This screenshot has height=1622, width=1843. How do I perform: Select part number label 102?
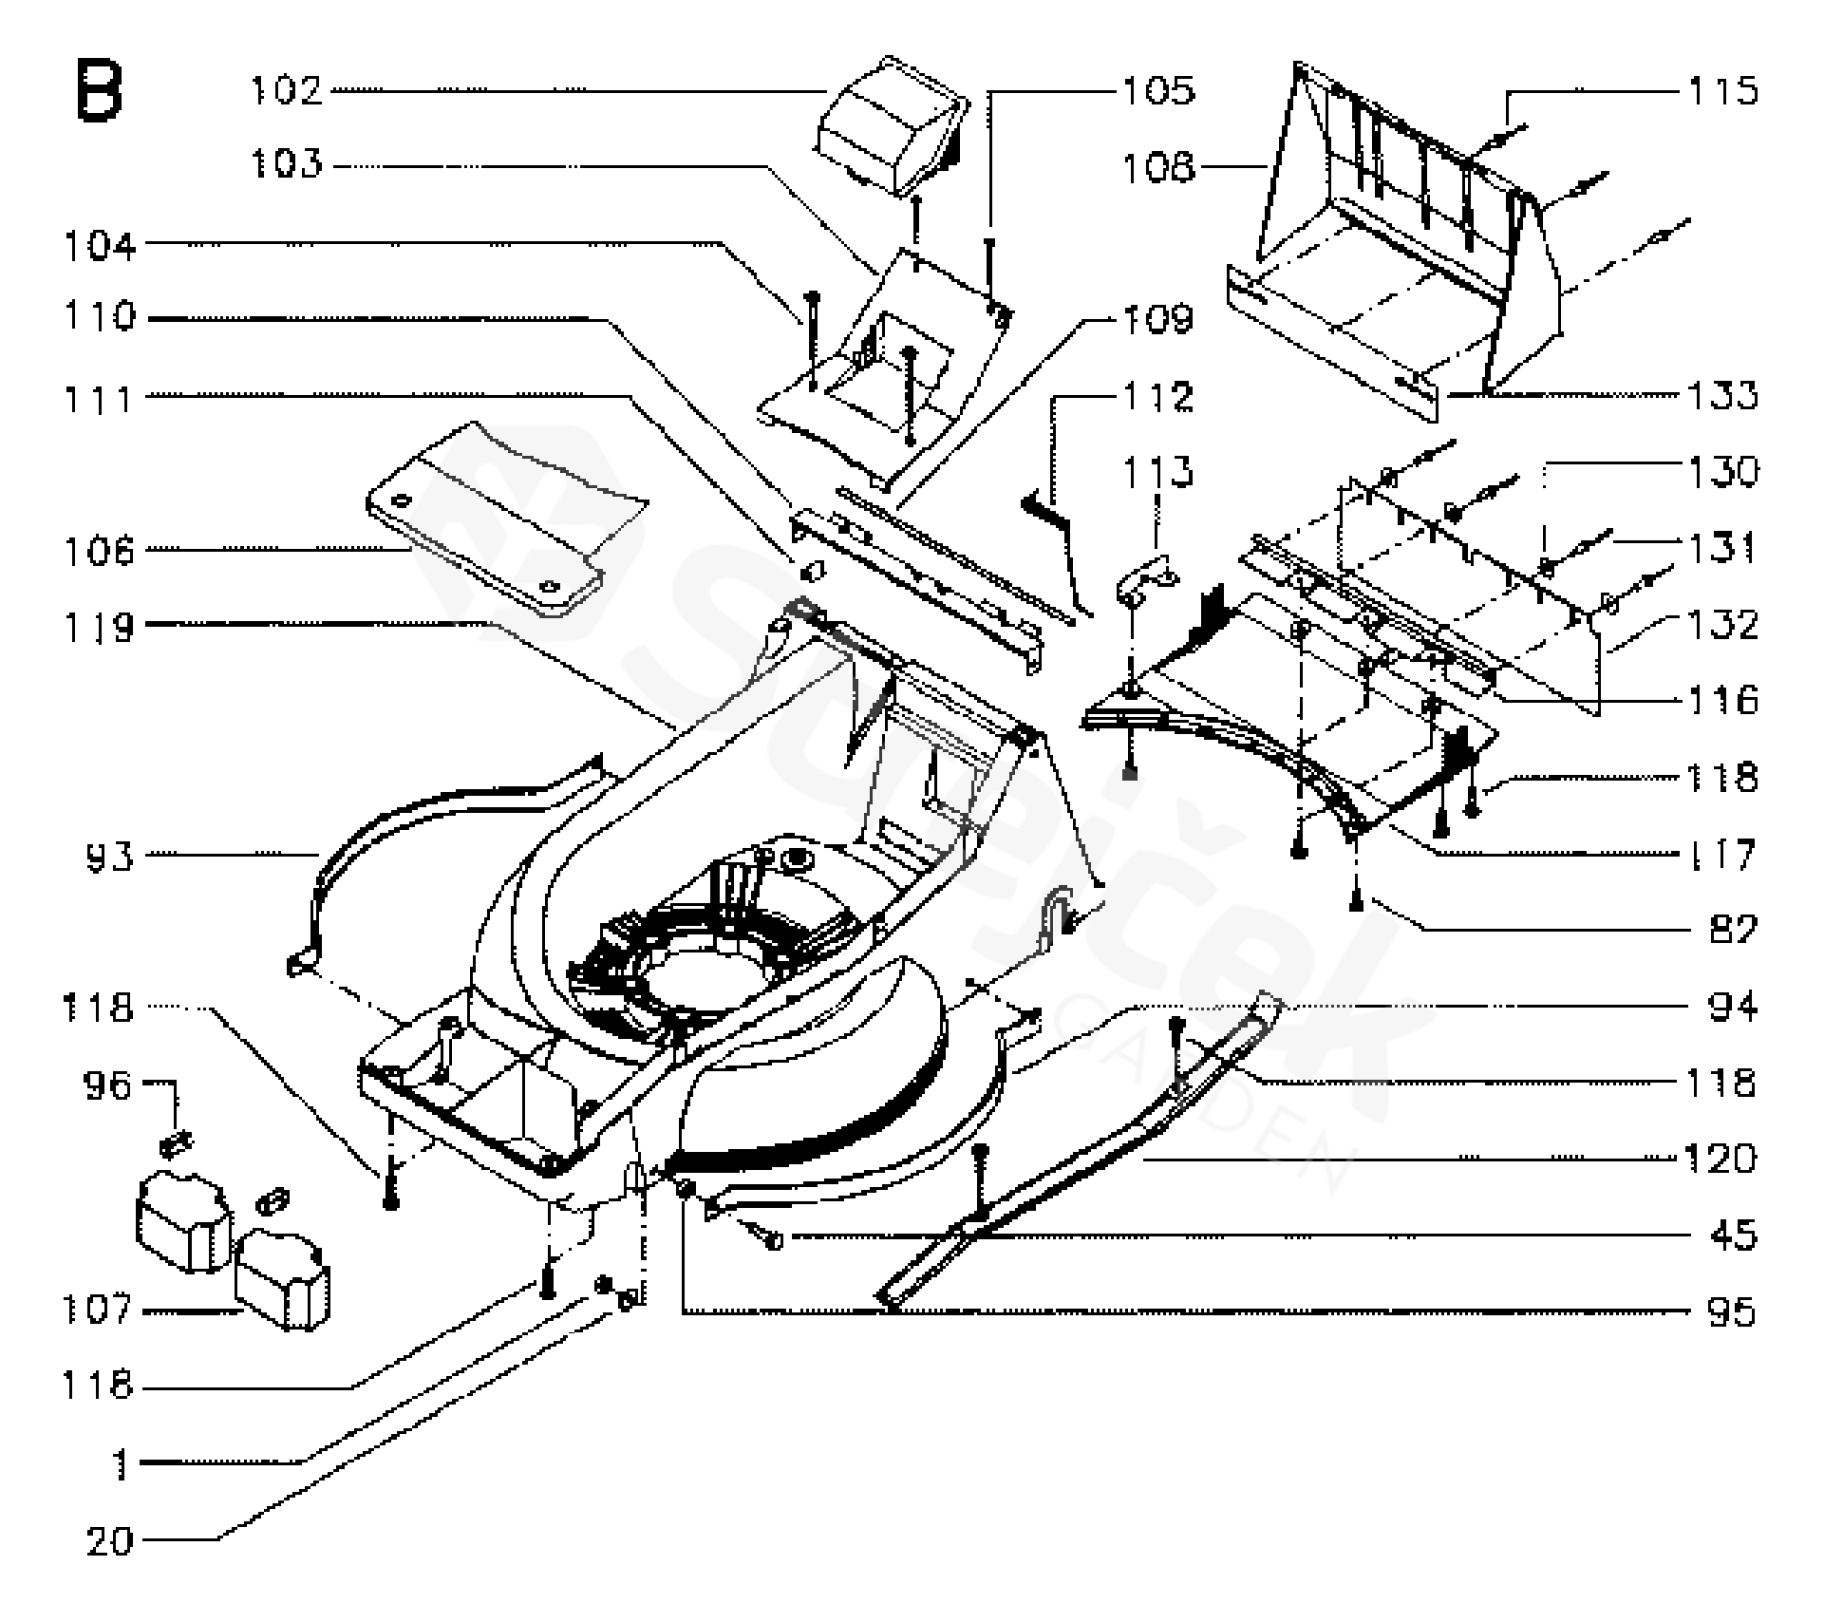point(286,91)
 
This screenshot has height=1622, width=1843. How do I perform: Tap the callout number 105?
point(1158,91)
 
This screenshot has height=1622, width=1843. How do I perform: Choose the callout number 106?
point(100,550)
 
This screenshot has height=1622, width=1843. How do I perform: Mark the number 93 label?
point(110,856)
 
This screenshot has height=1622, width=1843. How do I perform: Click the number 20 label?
point(110,1540)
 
